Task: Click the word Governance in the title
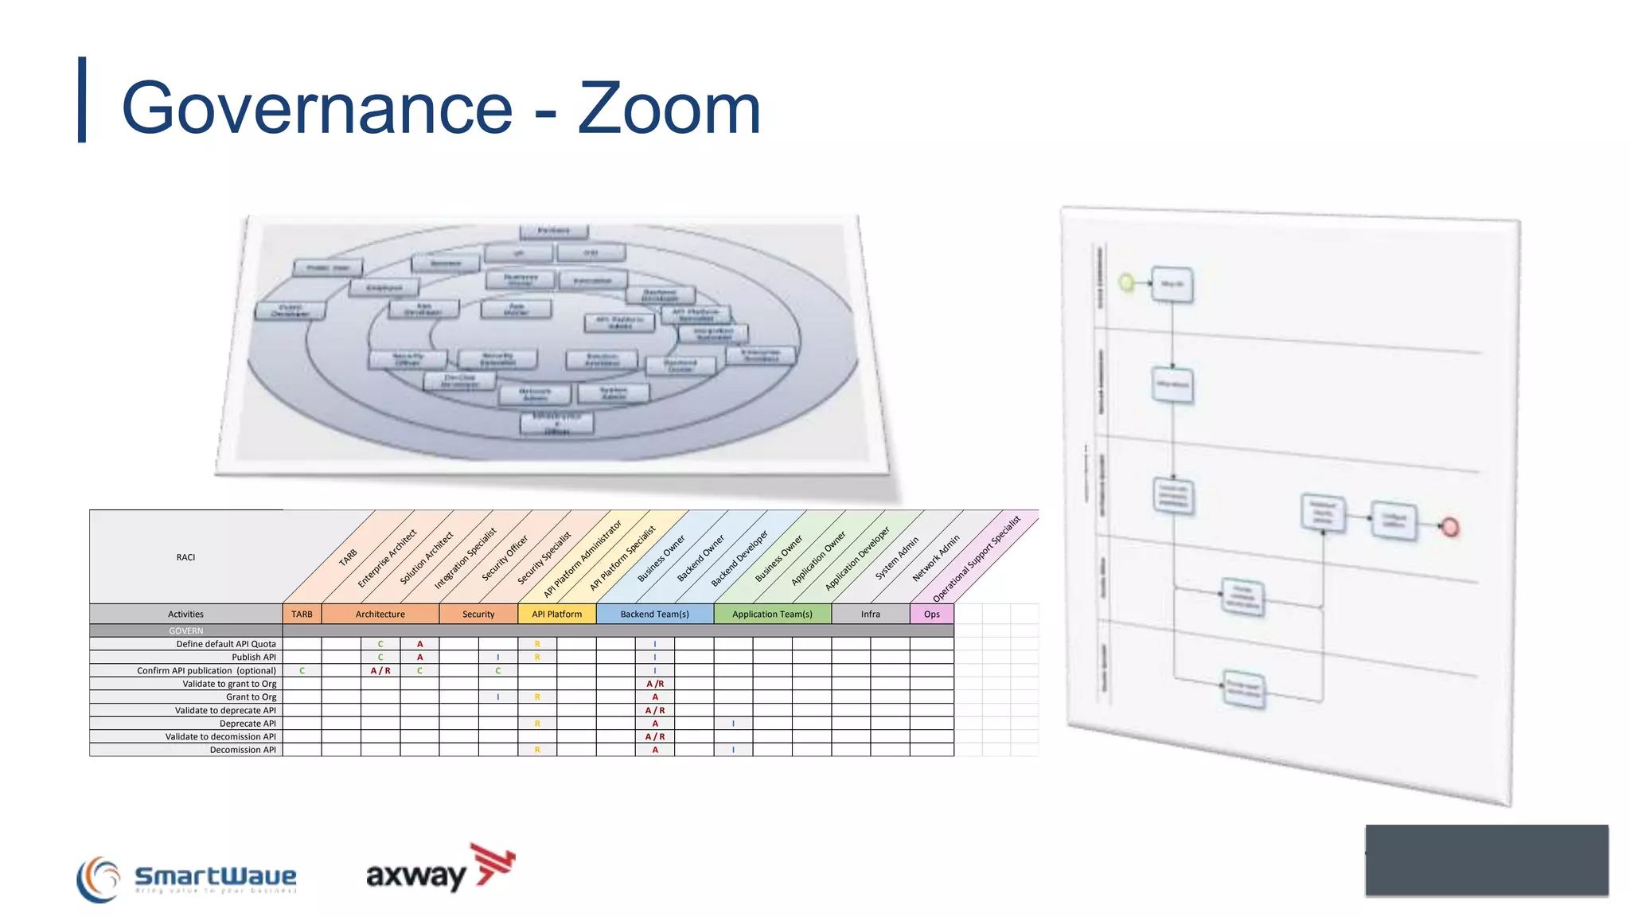317,109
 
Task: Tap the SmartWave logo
187,878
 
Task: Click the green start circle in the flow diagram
1126,283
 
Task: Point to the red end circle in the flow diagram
1450,527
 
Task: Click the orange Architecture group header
380,614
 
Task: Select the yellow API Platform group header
556,614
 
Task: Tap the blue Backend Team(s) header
654,614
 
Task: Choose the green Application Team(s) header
772,614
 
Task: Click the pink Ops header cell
931,614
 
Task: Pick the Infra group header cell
870,614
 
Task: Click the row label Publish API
253,657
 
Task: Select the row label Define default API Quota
226,644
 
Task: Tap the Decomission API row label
243,750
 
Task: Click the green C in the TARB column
302,670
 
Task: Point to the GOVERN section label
185,630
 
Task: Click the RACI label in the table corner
185,557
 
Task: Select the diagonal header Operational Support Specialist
977,558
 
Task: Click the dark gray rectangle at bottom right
1486,860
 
